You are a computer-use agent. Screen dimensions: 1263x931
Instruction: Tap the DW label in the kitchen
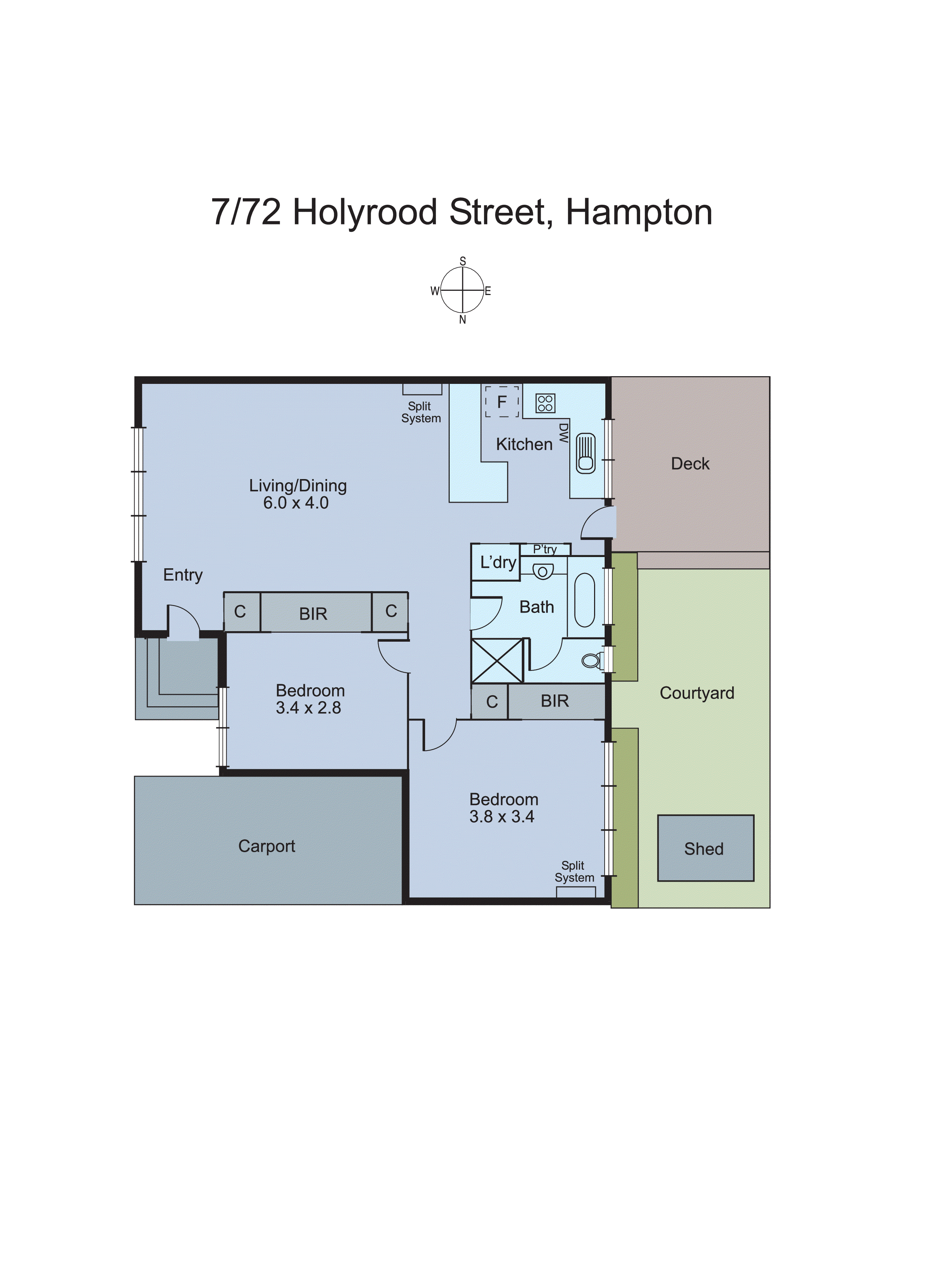point(563,433)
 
